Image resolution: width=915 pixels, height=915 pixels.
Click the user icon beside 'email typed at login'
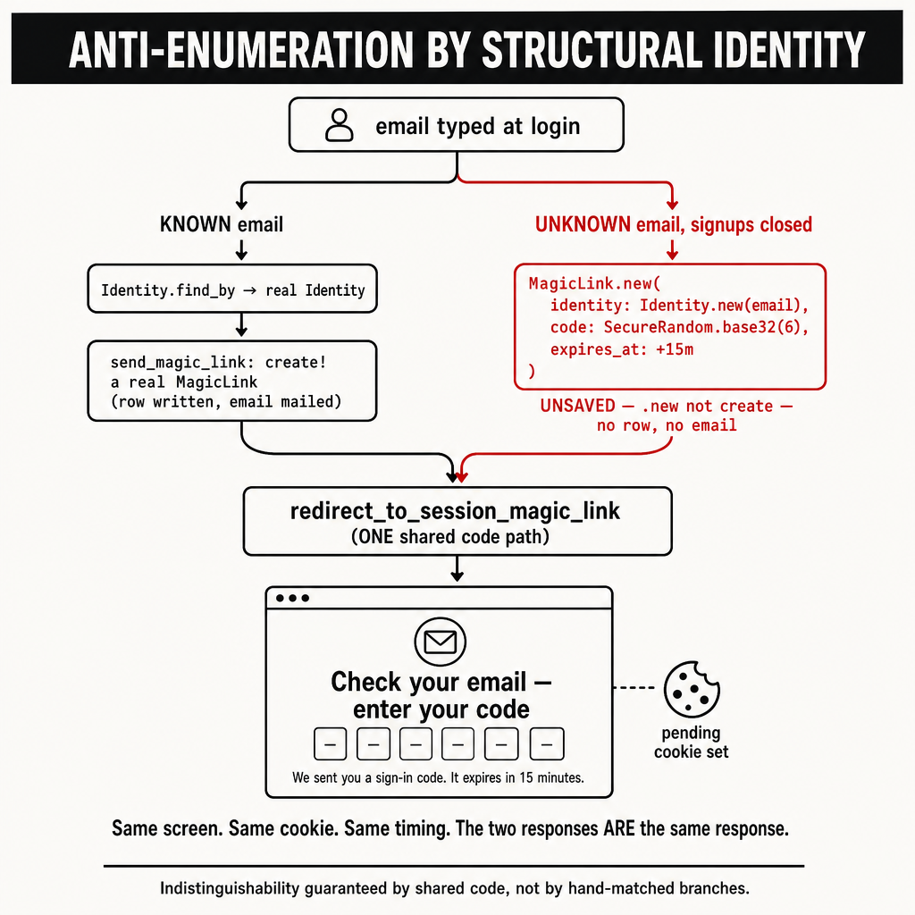339,125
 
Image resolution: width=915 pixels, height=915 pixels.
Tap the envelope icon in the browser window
440,642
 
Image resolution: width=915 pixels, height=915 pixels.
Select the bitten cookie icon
692,689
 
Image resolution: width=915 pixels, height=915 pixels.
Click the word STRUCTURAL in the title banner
593,50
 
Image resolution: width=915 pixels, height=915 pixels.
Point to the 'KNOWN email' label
222,224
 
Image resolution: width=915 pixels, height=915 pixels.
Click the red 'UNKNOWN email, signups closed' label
674,224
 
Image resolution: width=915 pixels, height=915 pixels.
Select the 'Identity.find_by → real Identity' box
232,289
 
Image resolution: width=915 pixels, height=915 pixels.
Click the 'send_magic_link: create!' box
232,381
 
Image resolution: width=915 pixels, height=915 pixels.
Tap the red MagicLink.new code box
670,327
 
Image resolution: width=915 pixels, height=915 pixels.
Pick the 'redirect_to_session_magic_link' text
455,511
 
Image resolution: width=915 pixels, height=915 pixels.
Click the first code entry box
331,744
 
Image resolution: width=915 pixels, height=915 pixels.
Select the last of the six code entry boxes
547,744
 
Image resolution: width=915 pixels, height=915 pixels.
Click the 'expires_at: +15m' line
622,349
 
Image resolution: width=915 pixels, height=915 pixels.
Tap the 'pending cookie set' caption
692,743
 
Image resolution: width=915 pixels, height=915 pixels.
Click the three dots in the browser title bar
292,598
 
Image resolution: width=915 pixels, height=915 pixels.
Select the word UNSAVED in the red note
578,406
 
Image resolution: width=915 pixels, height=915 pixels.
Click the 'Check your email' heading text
430,682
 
